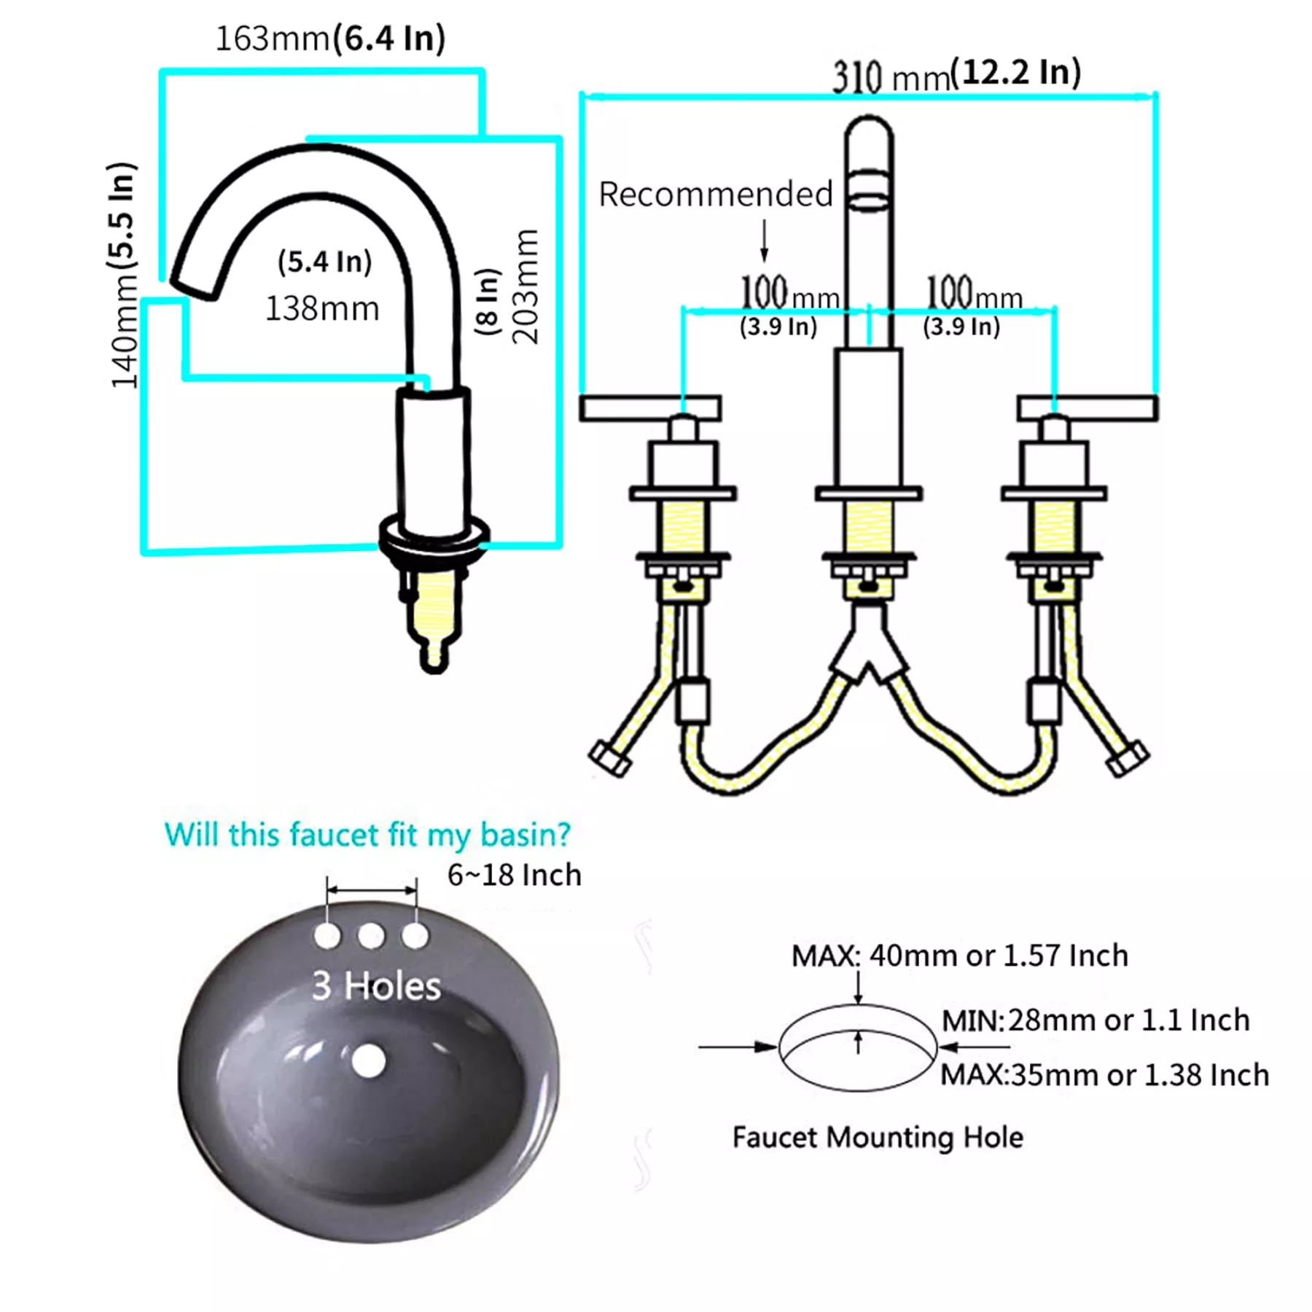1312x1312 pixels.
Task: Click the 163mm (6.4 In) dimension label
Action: click(x=330, y=39)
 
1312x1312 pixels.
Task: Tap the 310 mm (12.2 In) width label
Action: click(x=957, y=75)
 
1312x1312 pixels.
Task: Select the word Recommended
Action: click(x=716, y=195)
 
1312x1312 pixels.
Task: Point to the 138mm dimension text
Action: click(x=321, y=308)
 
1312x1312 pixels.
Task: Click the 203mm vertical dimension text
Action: click(x=525, y=286)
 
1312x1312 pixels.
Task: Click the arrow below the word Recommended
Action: click(x=764, y=240)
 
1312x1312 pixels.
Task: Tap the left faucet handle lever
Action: click(x=650, y=408)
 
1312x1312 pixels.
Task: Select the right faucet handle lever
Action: click(x=1088, y=408)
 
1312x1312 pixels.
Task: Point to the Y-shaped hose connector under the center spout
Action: click(x=869, y=645)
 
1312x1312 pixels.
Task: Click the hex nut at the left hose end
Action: click(x=609, y=758)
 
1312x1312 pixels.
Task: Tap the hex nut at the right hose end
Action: click(x=1127, y=758)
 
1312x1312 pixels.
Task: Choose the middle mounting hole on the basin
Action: click(x=371, y=935)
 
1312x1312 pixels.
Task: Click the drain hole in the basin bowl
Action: click(x=368, y=1061)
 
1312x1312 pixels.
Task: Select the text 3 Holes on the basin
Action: click(x=376, y=985)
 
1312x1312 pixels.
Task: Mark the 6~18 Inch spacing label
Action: click(x=515, y=875)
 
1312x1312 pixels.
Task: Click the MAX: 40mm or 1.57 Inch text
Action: click(x=960, y=956)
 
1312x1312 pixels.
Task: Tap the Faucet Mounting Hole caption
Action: click(x=878, y=1138)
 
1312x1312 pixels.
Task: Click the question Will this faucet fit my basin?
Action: click(x=367, y=835)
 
